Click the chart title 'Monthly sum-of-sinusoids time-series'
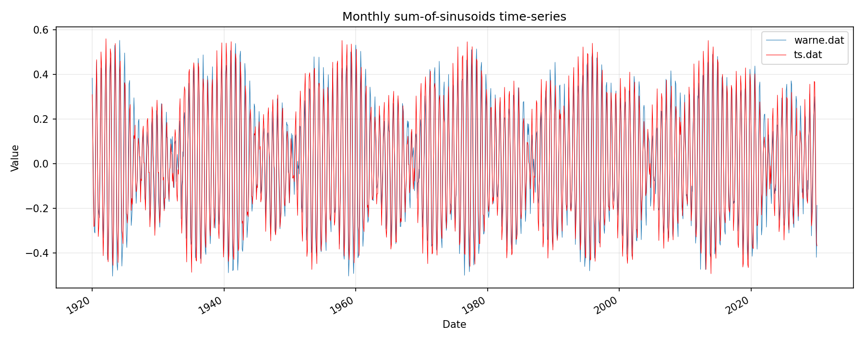click(454, 17)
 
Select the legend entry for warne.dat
click(819, 40)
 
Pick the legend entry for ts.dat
click(808, 55)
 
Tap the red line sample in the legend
click(776, 55)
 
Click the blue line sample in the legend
click(776, 40)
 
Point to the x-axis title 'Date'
click(454, 324)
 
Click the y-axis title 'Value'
click(15, 158)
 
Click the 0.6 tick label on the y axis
click(42, 30)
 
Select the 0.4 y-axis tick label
click(42, 74)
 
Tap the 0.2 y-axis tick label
click(42, 119)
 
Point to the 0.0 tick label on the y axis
click(42, 164)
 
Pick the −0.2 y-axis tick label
click(38, 208)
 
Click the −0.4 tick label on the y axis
click(38, 253)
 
